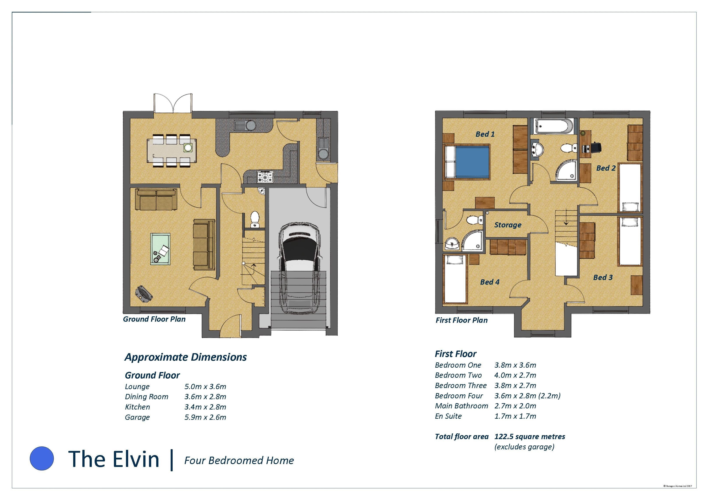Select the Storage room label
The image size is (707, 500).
coord(508,225)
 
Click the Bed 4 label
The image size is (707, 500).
coord(490,282)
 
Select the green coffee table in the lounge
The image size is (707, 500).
coord(161,249)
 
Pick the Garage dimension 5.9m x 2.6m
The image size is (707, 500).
coord(205,417)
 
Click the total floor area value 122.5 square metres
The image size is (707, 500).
coord(530,437)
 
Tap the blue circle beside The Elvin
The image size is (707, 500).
coord(42,458)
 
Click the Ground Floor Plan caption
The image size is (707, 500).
coord(154,319)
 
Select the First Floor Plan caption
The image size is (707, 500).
coord(462,320)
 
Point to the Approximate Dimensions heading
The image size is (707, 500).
coord(186,357)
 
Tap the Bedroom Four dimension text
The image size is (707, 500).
coord(528,396)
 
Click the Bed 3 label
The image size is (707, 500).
coord(603,277)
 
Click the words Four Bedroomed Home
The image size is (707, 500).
coord(239,461)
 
